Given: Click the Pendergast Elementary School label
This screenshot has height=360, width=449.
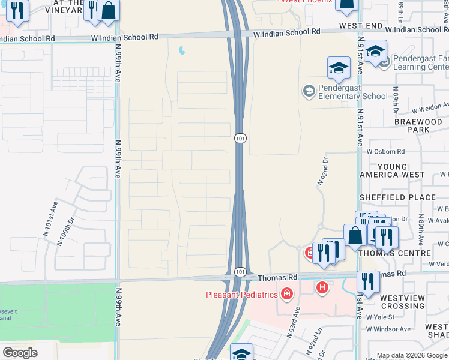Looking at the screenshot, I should [x=345, y=92].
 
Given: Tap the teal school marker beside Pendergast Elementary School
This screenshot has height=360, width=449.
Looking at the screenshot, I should [x=309, y=91].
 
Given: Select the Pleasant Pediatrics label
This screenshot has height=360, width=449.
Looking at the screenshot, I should [x=242, y=294].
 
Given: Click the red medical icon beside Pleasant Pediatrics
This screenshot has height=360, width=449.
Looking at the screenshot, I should [x=286, y=293].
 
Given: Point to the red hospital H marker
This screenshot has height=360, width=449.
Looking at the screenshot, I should [x=323, y=288].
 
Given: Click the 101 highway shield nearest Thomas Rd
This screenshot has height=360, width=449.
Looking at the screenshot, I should [x=240, y=272].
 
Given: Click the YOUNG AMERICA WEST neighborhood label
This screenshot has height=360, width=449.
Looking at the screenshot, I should [x=391, y=170].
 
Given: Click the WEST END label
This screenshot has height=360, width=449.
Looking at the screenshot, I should [x=360, y=26].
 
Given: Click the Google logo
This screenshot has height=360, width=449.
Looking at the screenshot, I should [x=20, y=352].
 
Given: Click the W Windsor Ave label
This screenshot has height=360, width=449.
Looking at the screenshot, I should [x=388, y=329].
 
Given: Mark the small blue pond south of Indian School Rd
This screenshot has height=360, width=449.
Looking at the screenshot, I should [x=181, y=52].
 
